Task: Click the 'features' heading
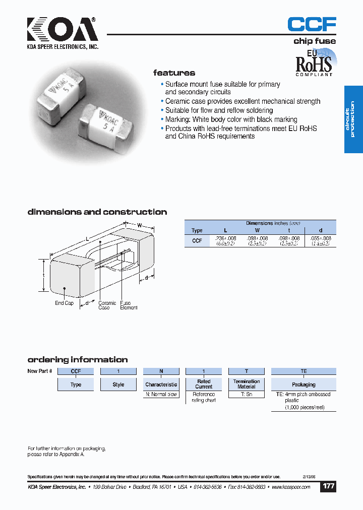[x=174, y=73]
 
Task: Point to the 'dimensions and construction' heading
[x=97, y=212]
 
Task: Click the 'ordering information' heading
[x=77, y=360]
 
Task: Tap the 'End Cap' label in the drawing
[x=64, y=303]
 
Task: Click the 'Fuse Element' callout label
[x=129, y=305]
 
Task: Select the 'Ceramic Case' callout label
[x=107, y=305]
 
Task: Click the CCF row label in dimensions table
[x=197, y=241]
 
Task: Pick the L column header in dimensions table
[x=225, y=230]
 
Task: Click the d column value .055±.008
[x=320, y=238]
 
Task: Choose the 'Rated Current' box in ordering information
[x=204, y=384]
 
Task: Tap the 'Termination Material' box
[x=247, y=384]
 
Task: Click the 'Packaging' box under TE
[x=304, y=384]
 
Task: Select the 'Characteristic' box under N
[x=161, y=385]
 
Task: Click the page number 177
[x=328, y=487]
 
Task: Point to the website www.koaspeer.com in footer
[x=293, y=487]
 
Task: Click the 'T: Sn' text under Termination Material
[x=246, y=395]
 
